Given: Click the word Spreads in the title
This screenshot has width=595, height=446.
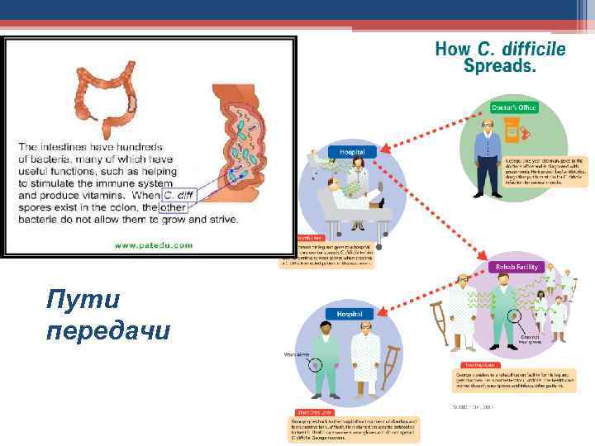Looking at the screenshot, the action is [x=500, y=67].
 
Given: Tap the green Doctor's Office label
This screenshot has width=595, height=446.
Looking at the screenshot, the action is [x=514, y=107].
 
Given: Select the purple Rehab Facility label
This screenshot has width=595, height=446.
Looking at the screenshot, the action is [x=517, y=267].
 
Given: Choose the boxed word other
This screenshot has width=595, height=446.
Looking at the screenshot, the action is [x=174, y=206].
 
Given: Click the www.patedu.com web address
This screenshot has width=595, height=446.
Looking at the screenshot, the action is [x=153, y=244].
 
